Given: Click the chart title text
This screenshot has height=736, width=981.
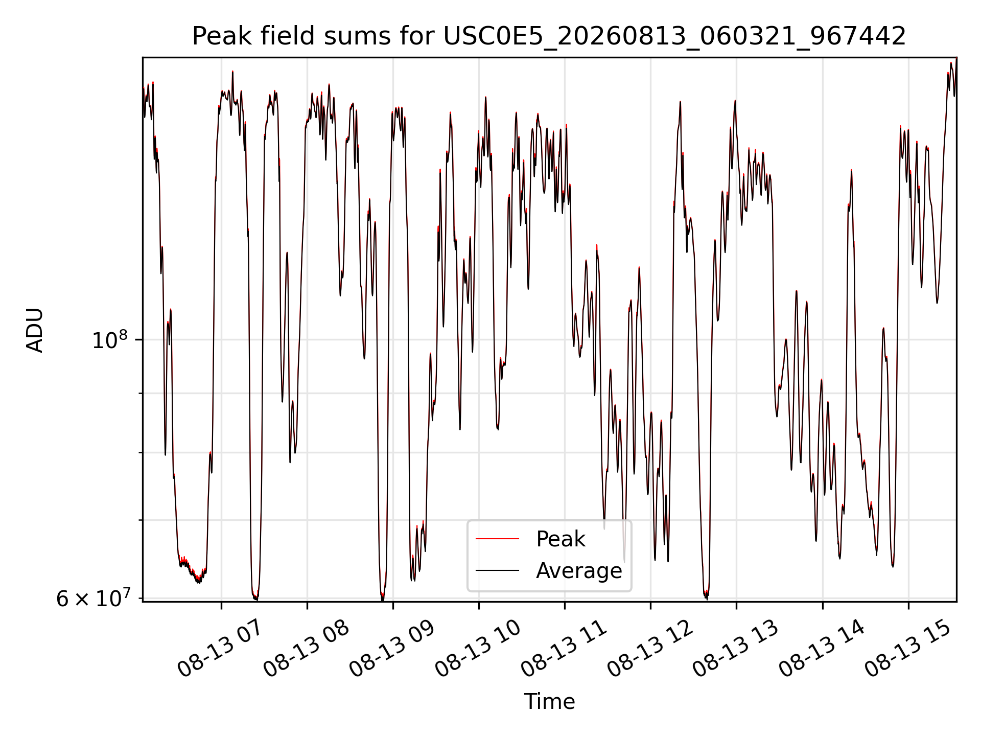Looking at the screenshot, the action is pos(549,36).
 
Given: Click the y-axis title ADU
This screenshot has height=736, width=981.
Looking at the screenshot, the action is pos(35,330).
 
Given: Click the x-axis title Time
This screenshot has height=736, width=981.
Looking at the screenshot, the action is pos(549,702).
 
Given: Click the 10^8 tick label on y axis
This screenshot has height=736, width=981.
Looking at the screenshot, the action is pos(109,340).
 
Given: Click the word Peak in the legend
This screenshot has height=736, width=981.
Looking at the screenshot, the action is pos(560,539).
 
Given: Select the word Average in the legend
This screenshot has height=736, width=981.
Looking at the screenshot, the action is pos(579,571).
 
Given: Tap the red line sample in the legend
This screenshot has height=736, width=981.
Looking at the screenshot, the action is pos(497,539).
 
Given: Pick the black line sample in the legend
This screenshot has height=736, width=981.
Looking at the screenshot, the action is pos(497,570).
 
